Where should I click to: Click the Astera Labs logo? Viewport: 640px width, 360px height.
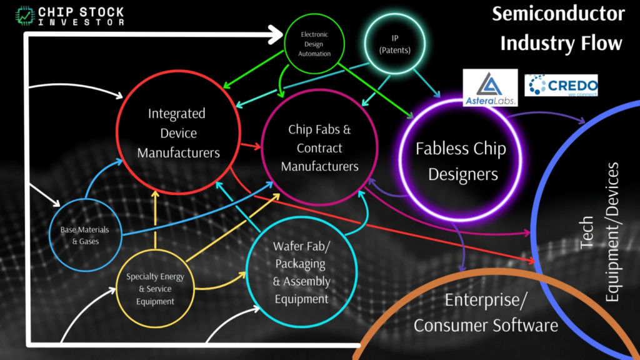pos(490,87)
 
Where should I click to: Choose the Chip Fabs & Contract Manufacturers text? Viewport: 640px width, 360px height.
pos(319,148)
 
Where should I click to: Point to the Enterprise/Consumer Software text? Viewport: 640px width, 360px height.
pos(486,312)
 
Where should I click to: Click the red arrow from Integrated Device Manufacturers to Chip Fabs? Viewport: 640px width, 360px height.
pos(250,147)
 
